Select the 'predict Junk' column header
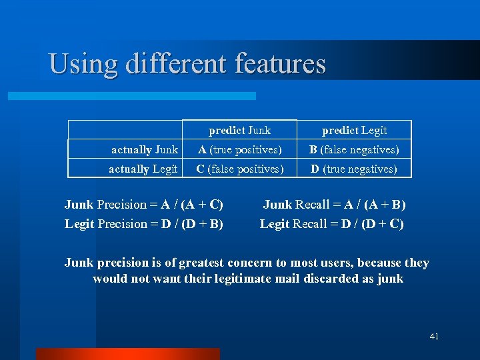click(239, 130)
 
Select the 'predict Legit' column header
click(354, 130)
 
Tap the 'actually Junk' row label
click(145, 149)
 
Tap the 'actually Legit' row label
click(143, 169)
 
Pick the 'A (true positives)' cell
click(239, 149)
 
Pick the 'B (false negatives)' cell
click(354, 149)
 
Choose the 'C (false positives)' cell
click(239, 169)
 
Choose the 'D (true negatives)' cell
click(354, 169)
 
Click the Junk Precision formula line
click(143, 205)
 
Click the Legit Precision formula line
click(143, 223)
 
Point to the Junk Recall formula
click(334, 205)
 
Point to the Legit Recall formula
click(331, 223)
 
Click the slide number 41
click(434, 337)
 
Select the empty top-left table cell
click(126, 130)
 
